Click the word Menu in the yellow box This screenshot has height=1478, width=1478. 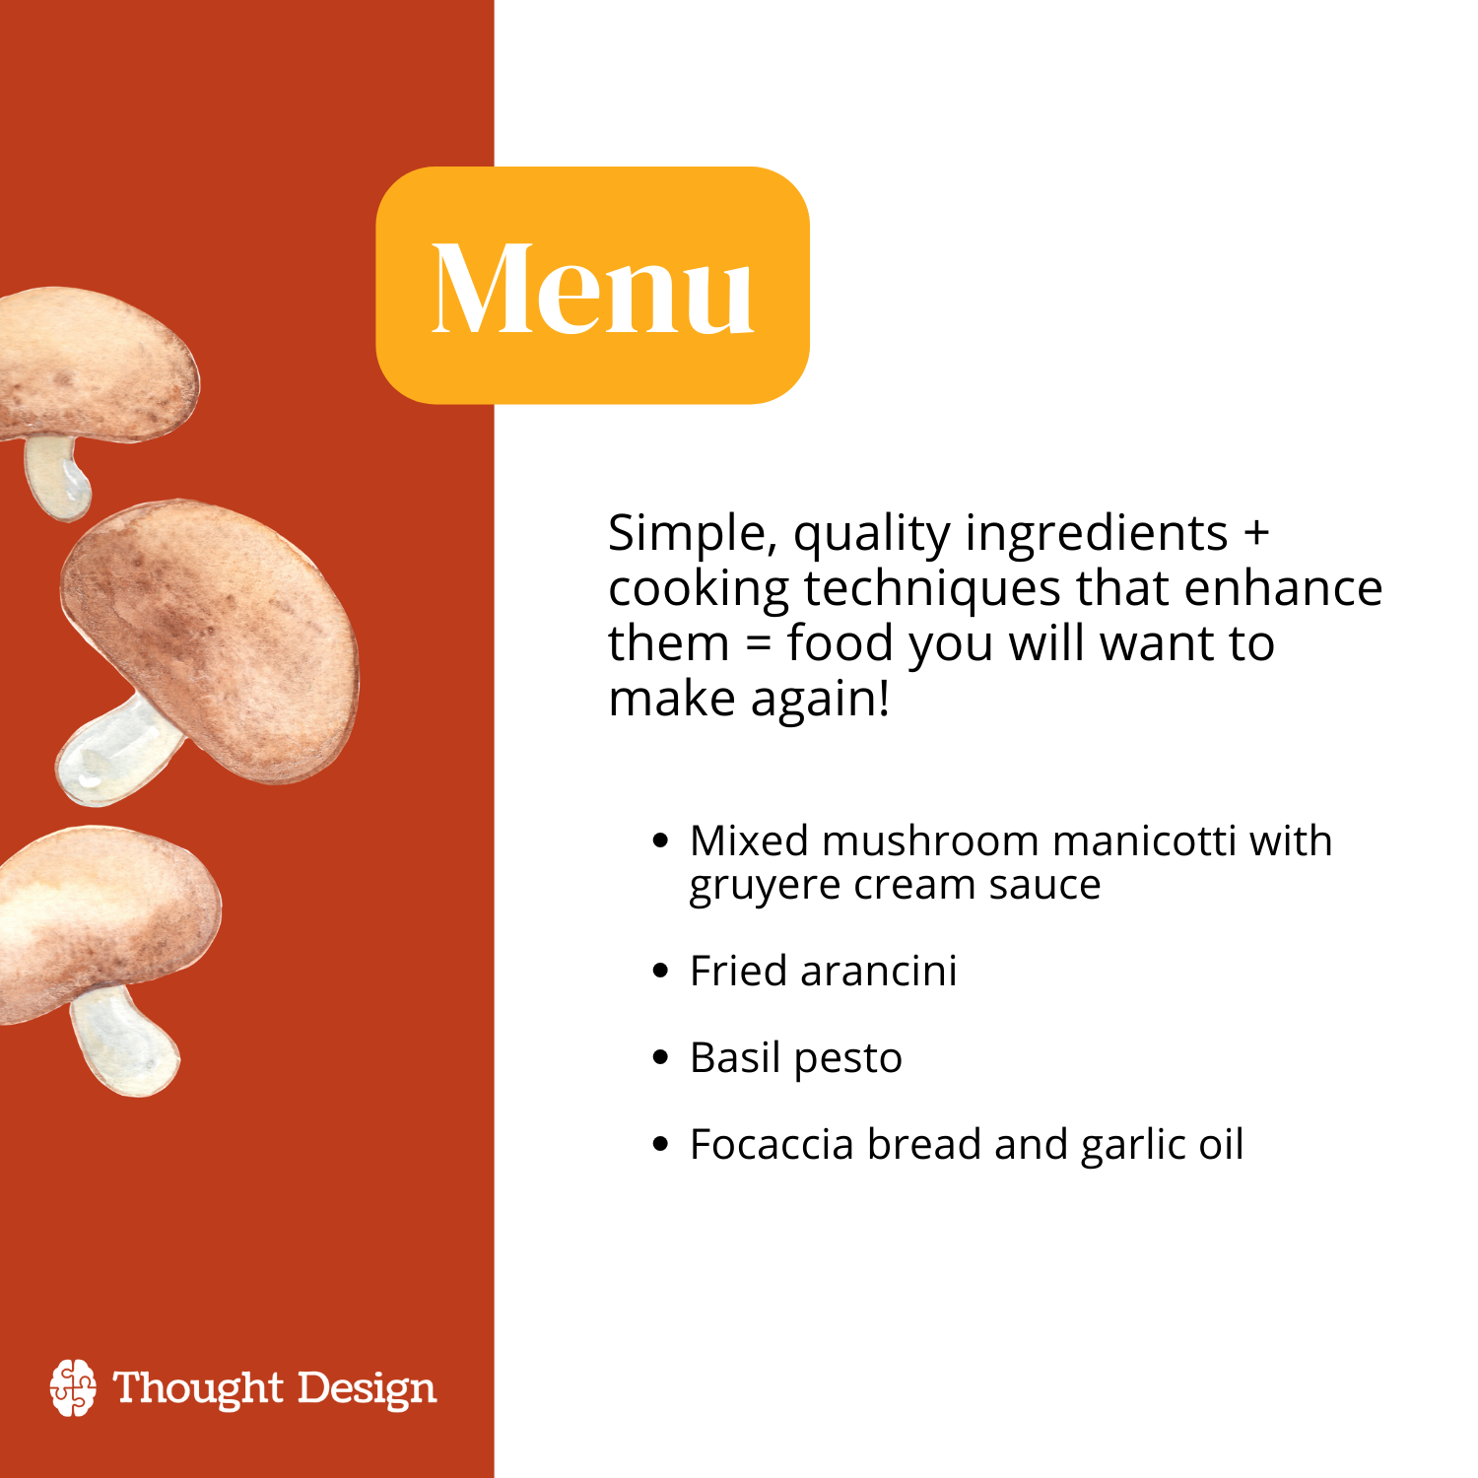593,288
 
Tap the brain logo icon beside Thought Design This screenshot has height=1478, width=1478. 74,1387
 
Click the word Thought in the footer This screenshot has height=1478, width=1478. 199,1389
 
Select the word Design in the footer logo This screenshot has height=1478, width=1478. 367,1389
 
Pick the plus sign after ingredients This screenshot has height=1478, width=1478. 1255,533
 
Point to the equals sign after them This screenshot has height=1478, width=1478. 757,644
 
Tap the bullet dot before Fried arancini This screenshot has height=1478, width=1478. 661,972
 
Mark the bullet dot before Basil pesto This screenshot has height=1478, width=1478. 661,1058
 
